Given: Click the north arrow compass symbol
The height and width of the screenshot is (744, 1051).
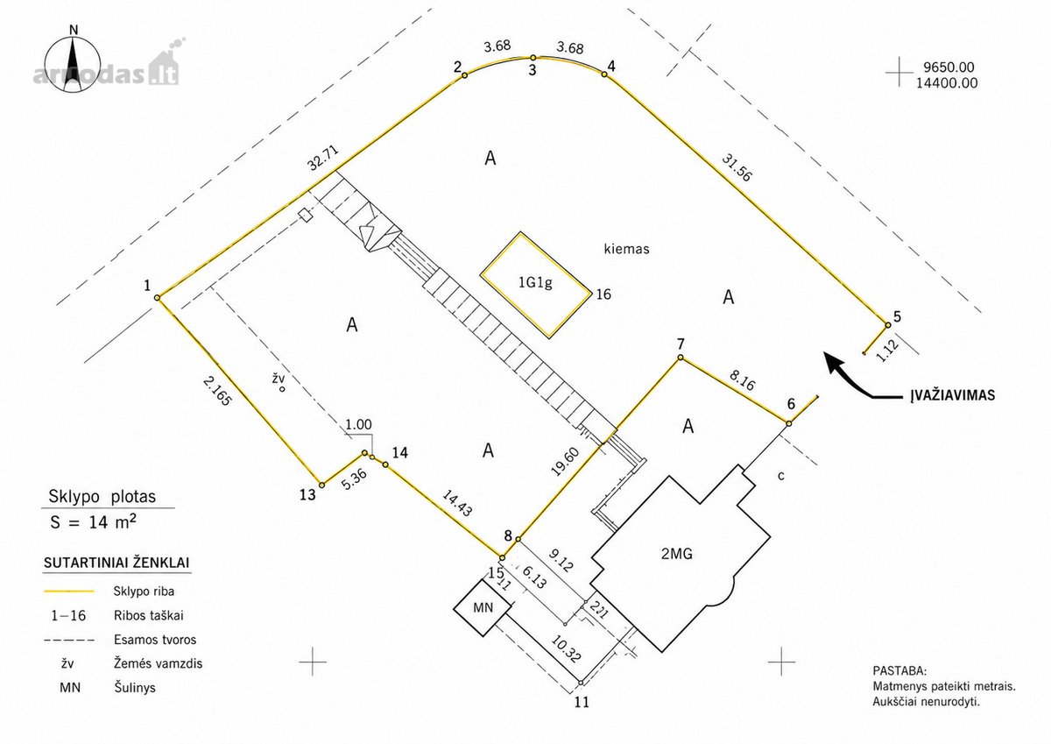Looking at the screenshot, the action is [x=72, y=63].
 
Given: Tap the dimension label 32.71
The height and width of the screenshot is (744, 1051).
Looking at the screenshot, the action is [x=323, y=159].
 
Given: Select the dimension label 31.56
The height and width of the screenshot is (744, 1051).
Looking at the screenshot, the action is [x=737, y=167].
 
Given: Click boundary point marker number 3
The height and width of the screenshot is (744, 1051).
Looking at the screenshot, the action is [x=533, y=58].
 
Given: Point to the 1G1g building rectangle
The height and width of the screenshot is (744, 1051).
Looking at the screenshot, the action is [x=535, y=285].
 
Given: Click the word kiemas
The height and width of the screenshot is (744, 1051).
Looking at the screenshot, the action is [x=626, y=249].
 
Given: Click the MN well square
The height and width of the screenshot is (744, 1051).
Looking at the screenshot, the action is [x=483, y=607].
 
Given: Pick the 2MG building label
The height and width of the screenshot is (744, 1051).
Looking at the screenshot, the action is [x=676, y=554].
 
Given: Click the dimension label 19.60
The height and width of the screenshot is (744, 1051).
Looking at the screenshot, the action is [x=567, y=462].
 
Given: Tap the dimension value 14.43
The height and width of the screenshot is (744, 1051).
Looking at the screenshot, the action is [x=457, y=503].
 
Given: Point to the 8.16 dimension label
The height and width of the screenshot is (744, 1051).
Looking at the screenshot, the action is [x=742, y=380].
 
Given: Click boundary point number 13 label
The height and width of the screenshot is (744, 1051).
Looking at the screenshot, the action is [x=307, y=495].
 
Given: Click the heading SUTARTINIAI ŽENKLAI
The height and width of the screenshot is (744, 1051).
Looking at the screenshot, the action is [x=116, y=563].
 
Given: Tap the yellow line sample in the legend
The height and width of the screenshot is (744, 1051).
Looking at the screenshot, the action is [x=69, y=592].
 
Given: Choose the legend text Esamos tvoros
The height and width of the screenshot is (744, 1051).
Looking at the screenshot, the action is [x=155, y=640].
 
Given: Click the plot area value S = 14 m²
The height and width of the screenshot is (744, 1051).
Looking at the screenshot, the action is [x=94, y=522].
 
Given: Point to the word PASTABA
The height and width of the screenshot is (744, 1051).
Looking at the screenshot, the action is [x=899, y=670].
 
